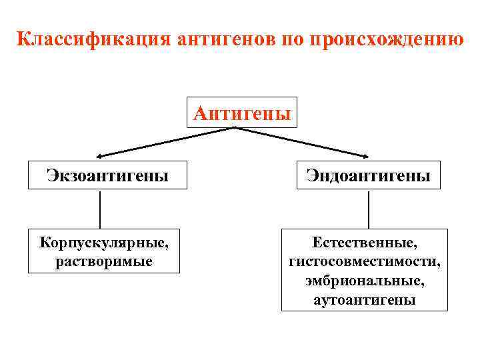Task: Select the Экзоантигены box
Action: coord(107,175)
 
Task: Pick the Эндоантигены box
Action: coord(368,175)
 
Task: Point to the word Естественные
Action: coord(365,238)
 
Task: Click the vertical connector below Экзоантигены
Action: coord(100,210)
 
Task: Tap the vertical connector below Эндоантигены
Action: coord(369,210)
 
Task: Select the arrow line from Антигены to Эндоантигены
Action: coord(300,142)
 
